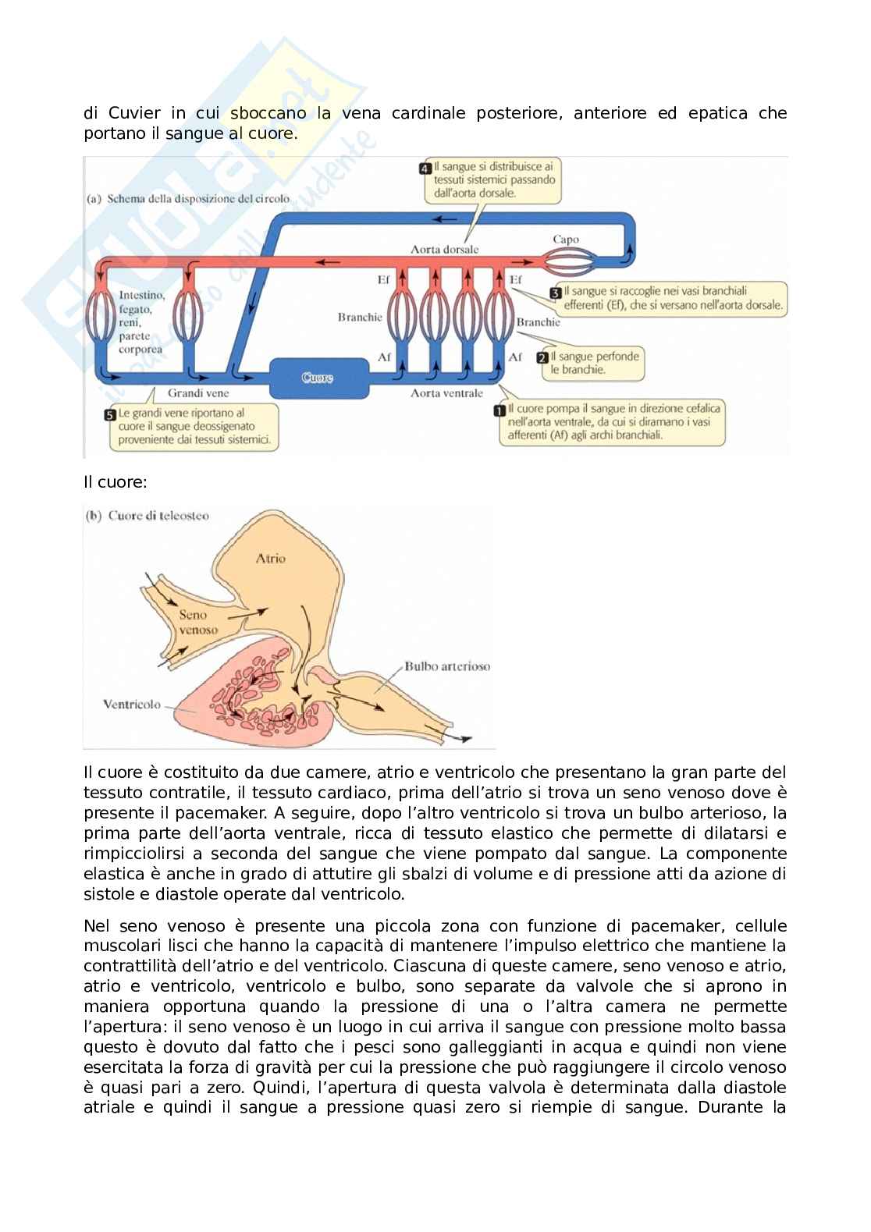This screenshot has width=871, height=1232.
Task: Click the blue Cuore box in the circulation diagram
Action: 318,378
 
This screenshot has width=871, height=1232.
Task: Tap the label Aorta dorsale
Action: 445,250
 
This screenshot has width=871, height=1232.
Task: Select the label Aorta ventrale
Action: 447,393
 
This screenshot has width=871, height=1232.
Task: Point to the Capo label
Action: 566,240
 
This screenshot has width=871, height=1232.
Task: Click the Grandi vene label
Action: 198,393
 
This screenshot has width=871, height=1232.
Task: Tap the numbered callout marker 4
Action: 425,168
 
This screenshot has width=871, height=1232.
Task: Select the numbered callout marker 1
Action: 498,409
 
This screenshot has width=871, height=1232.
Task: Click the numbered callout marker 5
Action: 110,413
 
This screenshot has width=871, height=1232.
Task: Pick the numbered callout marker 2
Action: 542,357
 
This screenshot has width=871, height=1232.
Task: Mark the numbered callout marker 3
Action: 556,293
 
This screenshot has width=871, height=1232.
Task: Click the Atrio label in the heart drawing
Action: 271,558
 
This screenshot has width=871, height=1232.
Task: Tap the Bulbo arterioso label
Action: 447,666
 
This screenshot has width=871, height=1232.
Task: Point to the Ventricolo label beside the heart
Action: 132,704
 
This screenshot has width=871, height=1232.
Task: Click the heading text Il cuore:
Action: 116,482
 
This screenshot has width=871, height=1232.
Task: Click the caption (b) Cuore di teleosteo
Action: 147,516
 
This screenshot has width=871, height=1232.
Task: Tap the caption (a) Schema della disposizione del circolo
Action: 187,198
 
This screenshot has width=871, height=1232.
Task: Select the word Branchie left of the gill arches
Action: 360,318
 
